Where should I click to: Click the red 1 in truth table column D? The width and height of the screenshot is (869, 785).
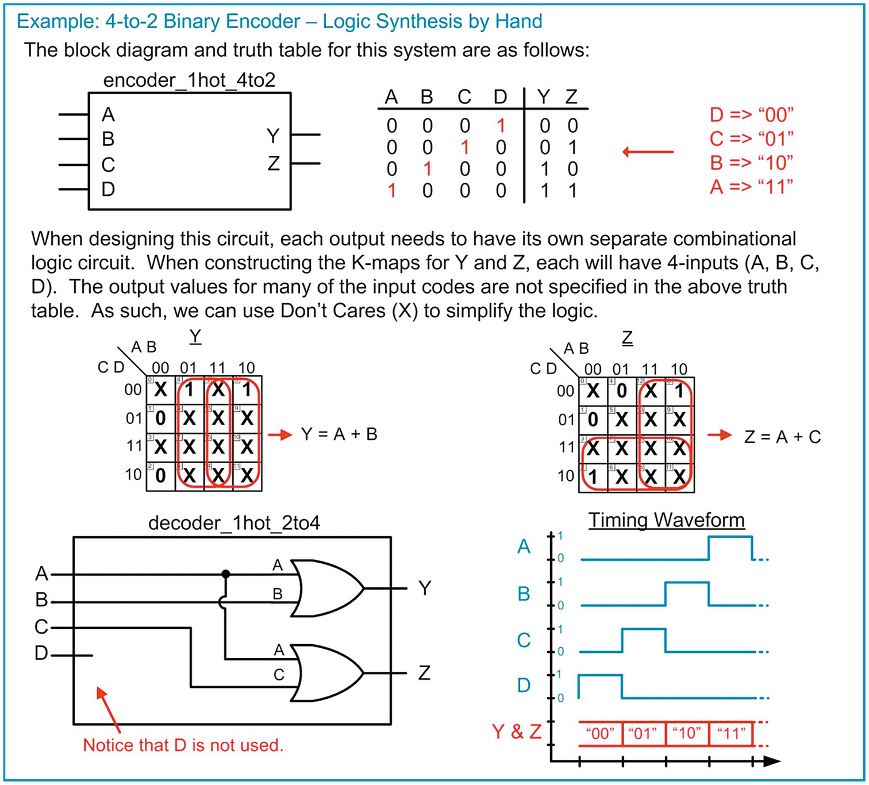(501, 125)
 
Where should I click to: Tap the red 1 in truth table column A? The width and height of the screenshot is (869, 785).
(391, 190)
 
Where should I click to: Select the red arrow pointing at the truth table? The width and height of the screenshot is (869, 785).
(648, 152)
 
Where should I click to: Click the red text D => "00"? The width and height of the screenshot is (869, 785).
(751, 114)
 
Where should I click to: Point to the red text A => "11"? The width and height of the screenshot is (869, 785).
(751, 187)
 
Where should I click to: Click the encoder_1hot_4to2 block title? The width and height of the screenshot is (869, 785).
(189, 80)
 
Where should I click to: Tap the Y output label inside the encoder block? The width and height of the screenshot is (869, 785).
(273, 136)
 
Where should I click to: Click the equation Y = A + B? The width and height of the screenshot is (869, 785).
(339, 434)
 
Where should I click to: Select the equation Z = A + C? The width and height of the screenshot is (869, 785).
(782, 437)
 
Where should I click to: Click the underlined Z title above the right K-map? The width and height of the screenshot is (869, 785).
(627, 338)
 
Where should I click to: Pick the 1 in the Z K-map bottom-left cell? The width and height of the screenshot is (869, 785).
(593, 476)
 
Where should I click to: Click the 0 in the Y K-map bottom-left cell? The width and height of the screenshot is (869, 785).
(161, 475)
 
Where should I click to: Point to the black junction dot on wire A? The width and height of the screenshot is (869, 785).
(226, 574)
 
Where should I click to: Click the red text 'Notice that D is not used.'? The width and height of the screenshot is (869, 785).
(183, 745)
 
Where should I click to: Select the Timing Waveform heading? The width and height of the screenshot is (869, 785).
(666, 520)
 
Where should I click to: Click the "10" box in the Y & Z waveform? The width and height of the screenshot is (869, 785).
(687, 734)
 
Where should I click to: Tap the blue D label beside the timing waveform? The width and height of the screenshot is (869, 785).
(524, 686)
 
